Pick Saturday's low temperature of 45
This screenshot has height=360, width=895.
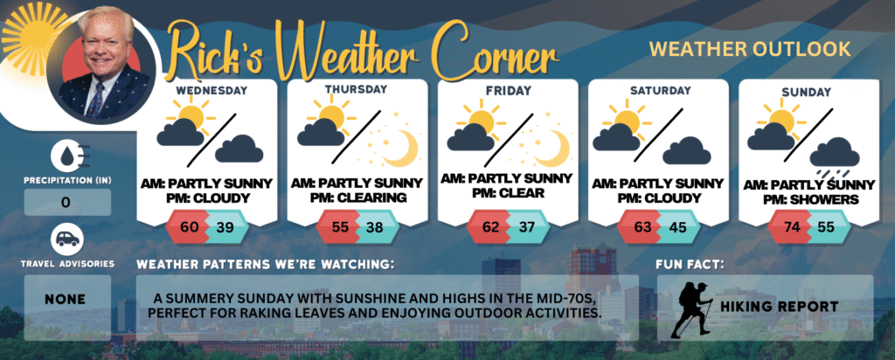pos(677,227)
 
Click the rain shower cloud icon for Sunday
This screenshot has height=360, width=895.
pos(835,157)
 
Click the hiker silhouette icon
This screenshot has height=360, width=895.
pos(691,309)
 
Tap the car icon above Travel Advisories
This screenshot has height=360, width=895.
pos(67,239)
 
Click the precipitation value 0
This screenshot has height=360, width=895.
pos(66,203)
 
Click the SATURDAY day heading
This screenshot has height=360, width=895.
pos(660,91)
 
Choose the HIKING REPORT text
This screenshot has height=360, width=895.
pos(779,307)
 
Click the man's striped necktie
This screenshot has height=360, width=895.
pos(95,100)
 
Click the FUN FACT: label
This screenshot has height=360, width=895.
pos(689,265)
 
